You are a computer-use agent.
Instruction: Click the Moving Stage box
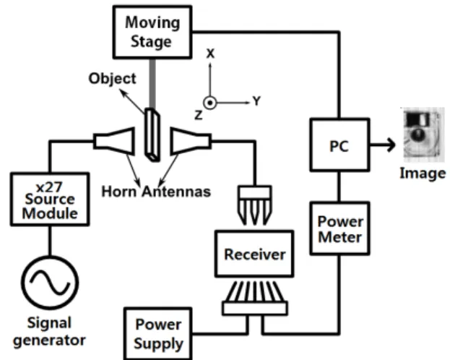(x=152, y=32)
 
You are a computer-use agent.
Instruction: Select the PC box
(x=339, y=145)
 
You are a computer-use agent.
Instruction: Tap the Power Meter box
(x=339, y=228)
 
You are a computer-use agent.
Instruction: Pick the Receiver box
(x=254, y=254)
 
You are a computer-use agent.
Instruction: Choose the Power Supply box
(x=158, y=333)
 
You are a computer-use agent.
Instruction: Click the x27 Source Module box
(x=50, y=199)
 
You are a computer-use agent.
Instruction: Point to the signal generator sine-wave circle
(x=50, y=283)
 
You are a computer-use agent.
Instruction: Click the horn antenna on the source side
(x=114, y=142)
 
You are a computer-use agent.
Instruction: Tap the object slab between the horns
(x=152, y=134)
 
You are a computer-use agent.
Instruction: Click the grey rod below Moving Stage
(x=152, y=83)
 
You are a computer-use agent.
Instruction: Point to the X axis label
(x=210, y=53)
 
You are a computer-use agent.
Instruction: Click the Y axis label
(x=256, y=101)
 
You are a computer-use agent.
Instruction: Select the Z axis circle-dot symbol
(x=209, y=103)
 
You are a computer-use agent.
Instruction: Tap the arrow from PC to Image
(x=383, y=145)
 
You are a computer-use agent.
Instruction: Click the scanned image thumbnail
(x=423, y=135)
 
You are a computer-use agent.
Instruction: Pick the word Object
(x=112, y=79)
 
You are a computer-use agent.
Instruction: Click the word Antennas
(x=176, y=192)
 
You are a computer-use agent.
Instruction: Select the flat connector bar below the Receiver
(x=255, y=308)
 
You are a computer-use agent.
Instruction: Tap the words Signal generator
(x=49, y=332)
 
